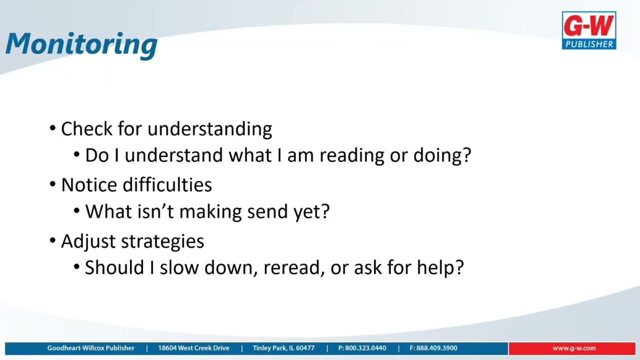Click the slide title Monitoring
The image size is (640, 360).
[x=81, y=43]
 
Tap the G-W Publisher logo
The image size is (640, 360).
[x=588, y=30]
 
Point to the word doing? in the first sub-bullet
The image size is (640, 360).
[x=442, y=155]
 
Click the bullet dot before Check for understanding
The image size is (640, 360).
[x=53, y=129]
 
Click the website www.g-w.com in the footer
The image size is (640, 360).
[x=573, y=348]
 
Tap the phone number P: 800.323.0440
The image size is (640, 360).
[x=362, y=348]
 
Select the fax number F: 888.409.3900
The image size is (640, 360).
[x=433, y=348]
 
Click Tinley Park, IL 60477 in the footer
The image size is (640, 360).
[x=283, y=348]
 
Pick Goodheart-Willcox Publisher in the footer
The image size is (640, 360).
[x=90, y=348]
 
